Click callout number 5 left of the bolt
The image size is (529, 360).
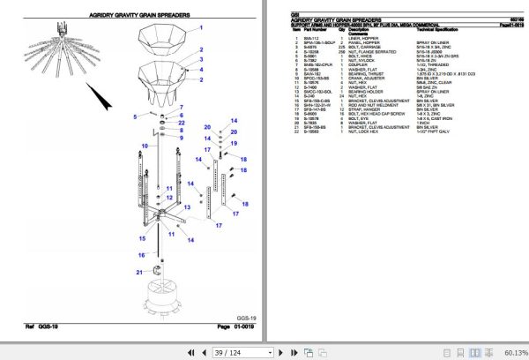click(135, 116)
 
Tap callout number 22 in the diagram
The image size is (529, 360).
click(182, 123)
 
